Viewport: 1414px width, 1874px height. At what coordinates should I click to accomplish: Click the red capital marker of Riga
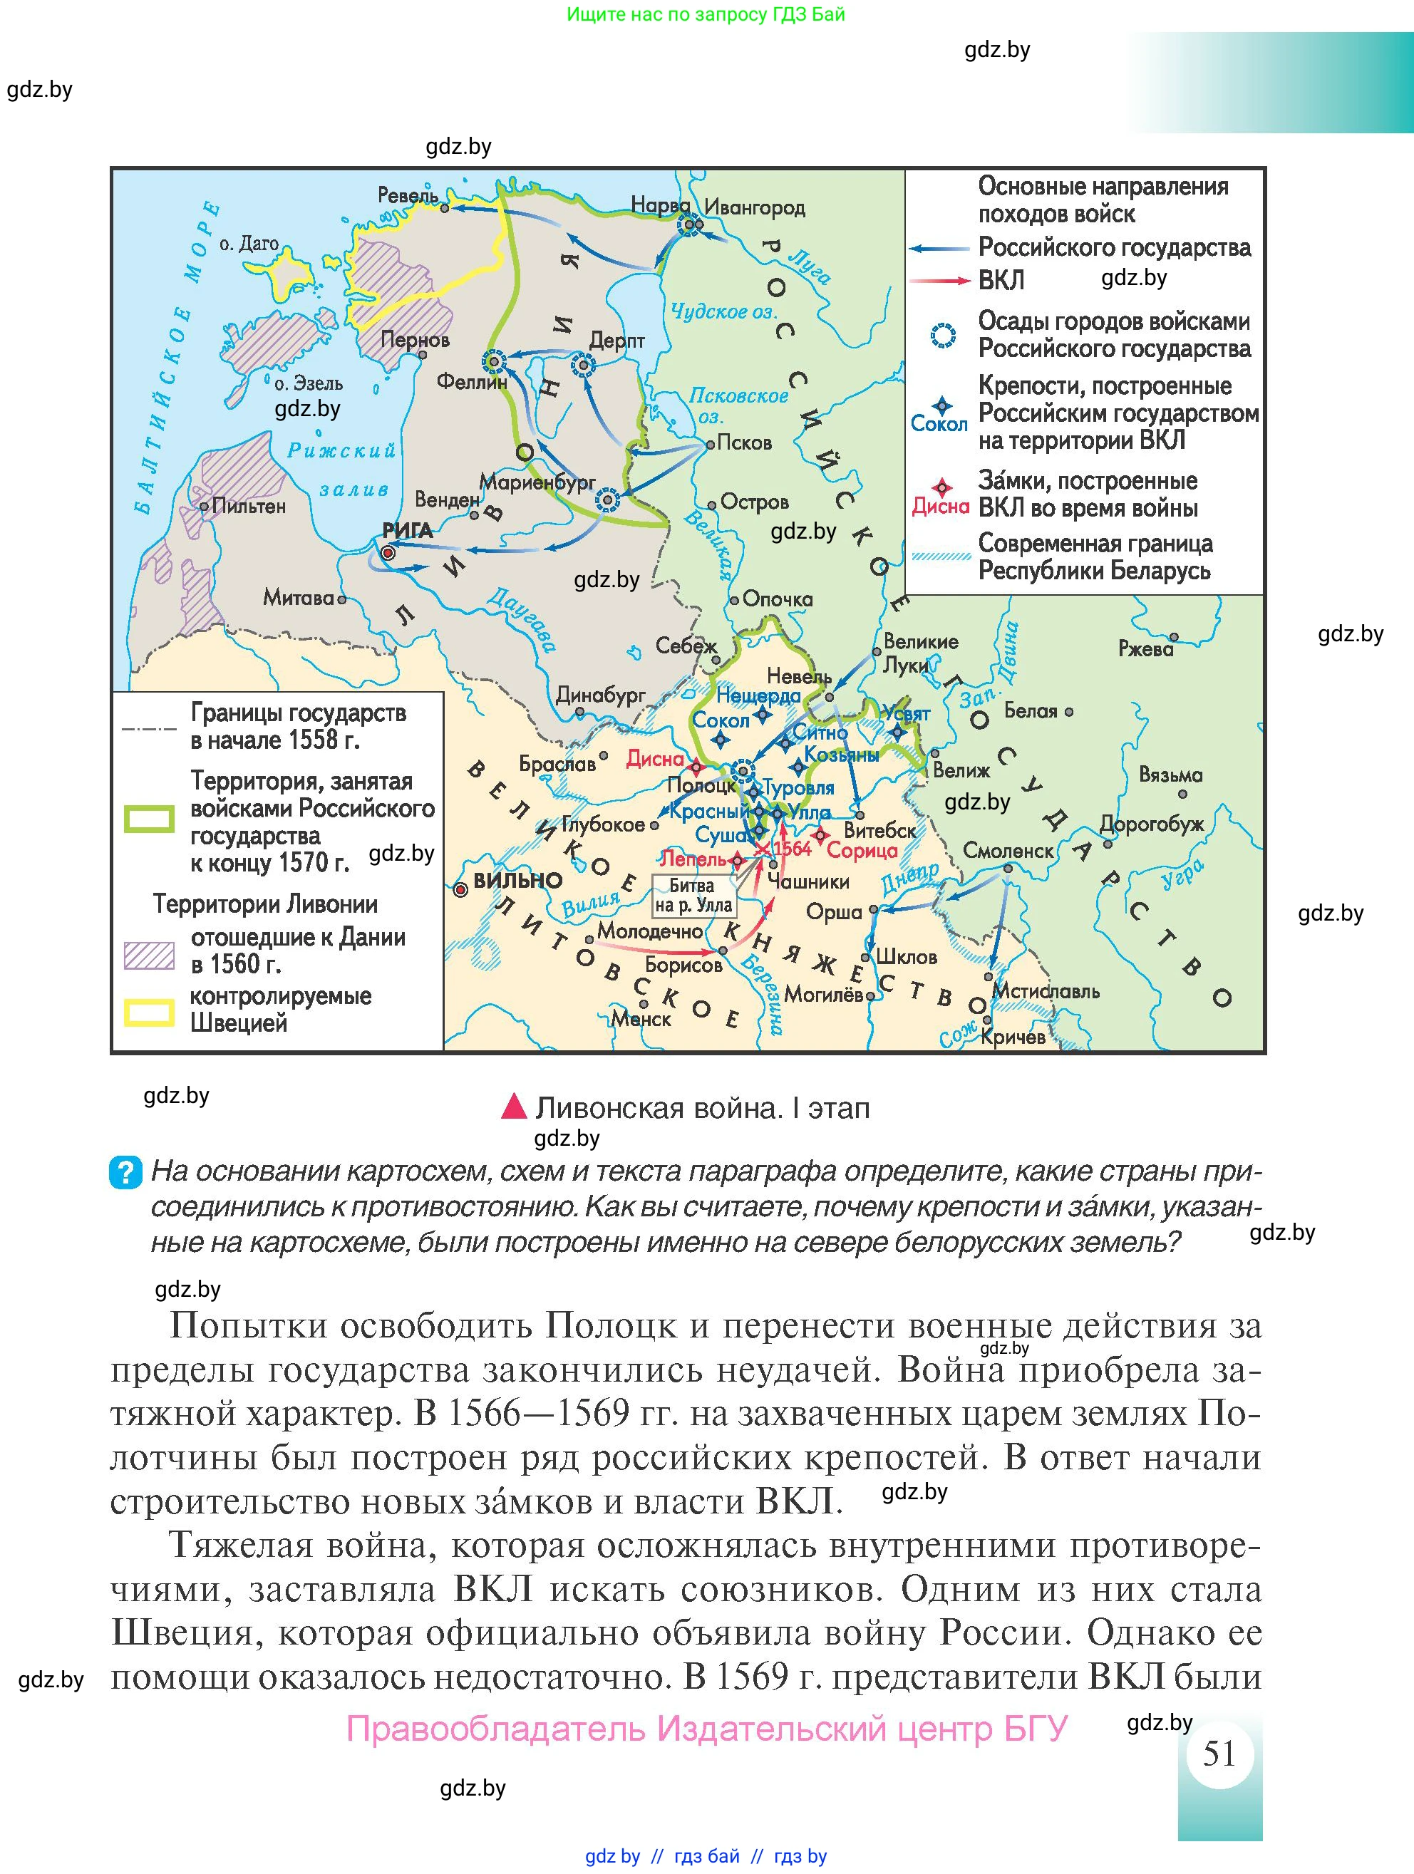(x=388, y=553)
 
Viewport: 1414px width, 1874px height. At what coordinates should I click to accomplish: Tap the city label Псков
(x=744, y=443)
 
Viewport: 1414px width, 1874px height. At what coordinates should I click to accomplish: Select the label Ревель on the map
(x=408, y=196)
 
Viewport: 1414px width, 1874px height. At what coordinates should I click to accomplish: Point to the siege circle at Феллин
(x=494, y=362)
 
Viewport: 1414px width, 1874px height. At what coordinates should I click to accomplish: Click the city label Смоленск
(x=1008, y=851)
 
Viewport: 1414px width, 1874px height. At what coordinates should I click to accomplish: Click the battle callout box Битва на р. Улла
(x=693, y=896)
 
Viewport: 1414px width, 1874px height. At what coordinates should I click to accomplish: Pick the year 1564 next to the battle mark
(x=791, y=848)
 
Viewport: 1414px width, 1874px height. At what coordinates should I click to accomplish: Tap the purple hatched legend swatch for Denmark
(x=149, y=955)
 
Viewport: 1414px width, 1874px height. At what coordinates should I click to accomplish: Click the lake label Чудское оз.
(x=723, y=312)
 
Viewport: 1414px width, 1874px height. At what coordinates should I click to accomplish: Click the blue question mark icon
(x=125, y=1174)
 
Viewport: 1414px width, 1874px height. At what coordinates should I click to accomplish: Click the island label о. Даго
(x=248, y=244)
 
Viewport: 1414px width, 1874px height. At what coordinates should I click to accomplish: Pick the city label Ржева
(x=1145, y=649)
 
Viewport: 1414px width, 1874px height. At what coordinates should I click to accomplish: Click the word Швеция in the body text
(x=182, y=1632)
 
